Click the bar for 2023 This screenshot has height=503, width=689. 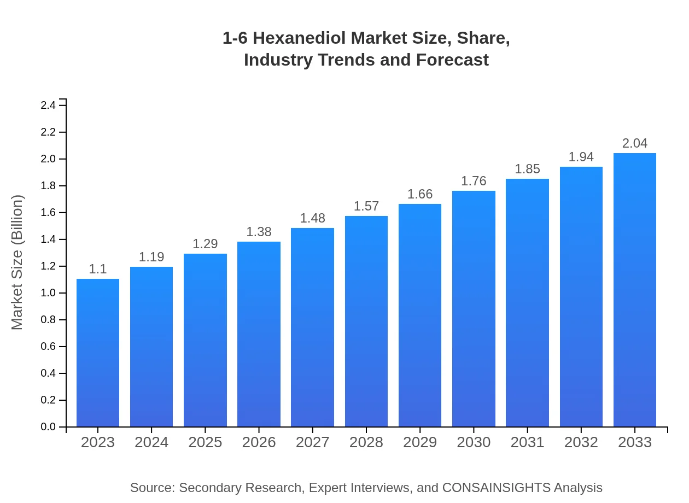pos(98,353)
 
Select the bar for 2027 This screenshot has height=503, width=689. pos(312,327)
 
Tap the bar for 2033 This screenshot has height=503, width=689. pos(634,290)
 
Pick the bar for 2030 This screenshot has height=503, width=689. pos(474,309)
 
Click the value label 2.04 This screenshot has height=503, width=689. pos(634,144)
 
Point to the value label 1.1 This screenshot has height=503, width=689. pos(98,269)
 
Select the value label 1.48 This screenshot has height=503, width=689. pos(312,219)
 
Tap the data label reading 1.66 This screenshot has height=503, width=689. pos(420,194)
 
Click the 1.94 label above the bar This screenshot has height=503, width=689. pos(581,157)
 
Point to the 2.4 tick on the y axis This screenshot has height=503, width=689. pos(49,106)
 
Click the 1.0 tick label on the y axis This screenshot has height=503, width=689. pos(49,293)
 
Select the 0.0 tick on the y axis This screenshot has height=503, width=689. pos(49,427)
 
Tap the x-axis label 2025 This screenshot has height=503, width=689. pos(205,442)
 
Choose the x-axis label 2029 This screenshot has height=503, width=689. pos(420,442)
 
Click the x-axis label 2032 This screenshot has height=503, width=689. pos(581,442)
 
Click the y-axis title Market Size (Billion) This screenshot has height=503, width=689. pos(17,262)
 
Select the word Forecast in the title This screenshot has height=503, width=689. pos(452,60)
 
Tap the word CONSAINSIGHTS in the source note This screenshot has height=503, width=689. pos(495,488)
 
